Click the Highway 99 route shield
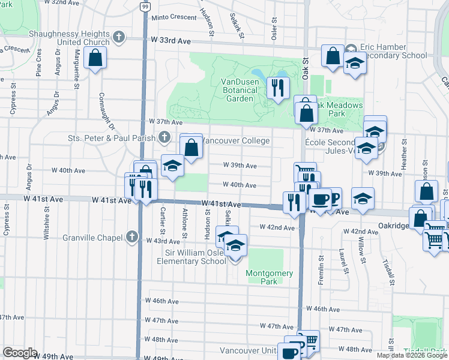click(144, 7)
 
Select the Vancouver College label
click(236, 141)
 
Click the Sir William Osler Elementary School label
click(191, 257)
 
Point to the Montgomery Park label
click(270, 277)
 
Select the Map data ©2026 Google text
click(412, 355)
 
